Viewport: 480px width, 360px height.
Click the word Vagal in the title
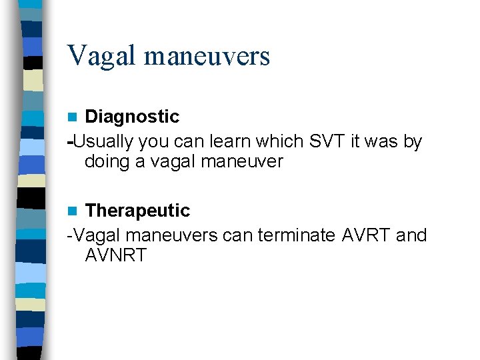pyautogui.click(x=101, y=55)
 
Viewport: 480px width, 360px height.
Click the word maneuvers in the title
pyautogui.click(x=207, y=57)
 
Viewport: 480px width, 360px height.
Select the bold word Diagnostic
pyautogui.click(x=132, y=117)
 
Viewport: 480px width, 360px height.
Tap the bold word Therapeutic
pyautogui.click(x=137, y=211)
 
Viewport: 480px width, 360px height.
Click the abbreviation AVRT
pyautogui.click(x=367, y=235)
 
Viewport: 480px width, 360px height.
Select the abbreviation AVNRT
pyautogui.click(x=115, y=255)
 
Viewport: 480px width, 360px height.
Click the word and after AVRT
pyautogui.click(x=411, y=235)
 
